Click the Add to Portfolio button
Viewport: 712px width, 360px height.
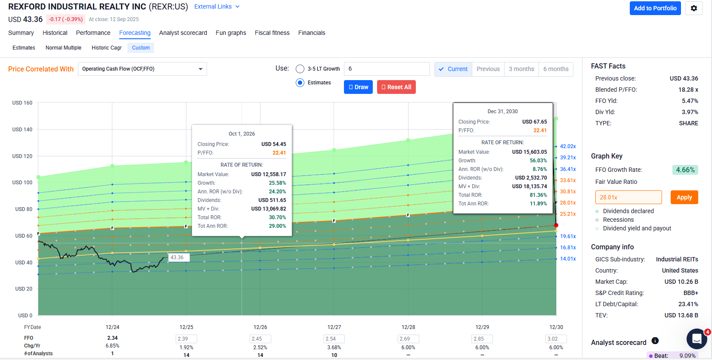coord(655,8)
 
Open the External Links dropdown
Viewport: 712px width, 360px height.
coord(217,6)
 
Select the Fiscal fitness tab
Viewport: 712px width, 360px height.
coord(272,33)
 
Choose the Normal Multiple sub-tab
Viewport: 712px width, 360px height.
coord(63,48)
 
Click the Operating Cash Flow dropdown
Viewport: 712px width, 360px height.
coord(142,69)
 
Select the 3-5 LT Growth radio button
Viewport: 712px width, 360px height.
coord(300,69)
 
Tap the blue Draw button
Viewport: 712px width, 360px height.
coord(358,87)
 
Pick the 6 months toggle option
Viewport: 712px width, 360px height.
coord(555,69)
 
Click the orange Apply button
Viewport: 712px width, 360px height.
coord(684,197)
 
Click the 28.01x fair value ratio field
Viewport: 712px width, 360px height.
coord(628,197)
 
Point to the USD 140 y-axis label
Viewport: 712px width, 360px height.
coord(22,130)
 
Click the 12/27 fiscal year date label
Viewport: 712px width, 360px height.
coord(334,327)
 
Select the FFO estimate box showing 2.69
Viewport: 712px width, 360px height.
coord(408,339)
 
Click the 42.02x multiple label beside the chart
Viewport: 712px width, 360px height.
coord(568,146)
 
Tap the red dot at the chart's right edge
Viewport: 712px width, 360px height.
coord(556,225)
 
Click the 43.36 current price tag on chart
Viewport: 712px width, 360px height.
coord(177,258)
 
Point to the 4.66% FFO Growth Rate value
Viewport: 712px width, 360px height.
coord(685,170)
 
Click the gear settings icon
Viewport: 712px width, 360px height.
coord(693,8)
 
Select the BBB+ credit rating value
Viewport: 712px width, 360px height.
coord(690,293)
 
